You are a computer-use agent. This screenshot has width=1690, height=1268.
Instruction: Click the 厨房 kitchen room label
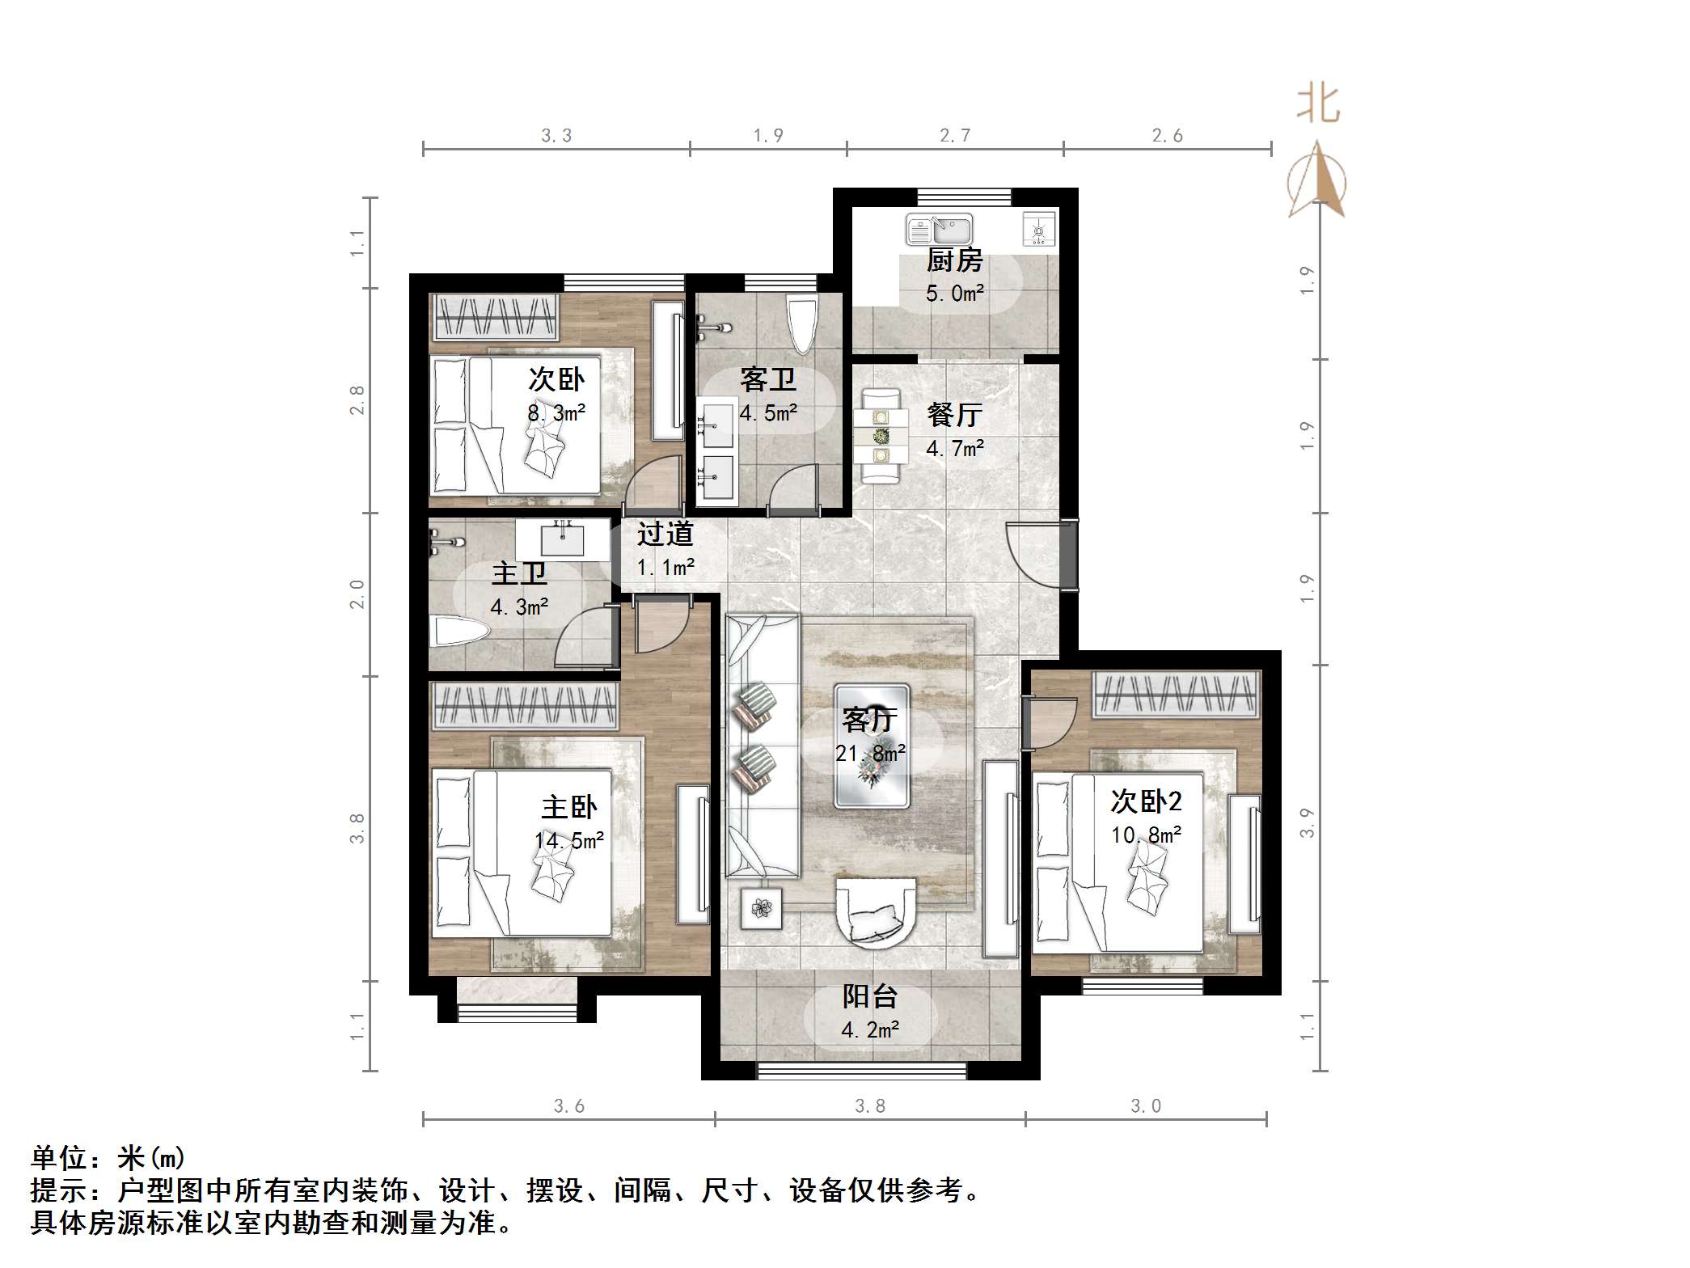(954, 260)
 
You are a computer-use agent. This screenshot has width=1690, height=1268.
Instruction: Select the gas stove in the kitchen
(1039, 229)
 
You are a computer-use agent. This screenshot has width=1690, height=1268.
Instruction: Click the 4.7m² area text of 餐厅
(954, 448)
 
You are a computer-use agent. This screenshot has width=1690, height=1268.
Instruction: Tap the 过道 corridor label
(665, 534)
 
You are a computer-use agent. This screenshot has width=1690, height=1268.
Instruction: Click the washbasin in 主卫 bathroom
(562, 539)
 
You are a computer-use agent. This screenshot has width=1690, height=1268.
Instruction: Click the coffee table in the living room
(872, 746)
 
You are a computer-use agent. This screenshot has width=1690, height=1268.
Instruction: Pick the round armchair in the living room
(877, 912)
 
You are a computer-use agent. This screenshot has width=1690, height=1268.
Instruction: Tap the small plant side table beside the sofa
(761, 908)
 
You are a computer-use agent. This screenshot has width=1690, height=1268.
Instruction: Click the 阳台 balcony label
(870, 996)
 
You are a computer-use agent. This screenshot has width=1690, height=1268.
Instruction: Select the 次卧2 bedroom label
(1146, 801)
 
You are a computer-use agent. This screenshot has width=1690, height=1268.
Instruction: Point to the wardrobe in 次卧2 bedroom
(1177, 695)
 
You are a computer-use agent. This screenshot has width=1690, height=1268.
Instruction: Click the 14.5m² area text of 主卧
(569, 841)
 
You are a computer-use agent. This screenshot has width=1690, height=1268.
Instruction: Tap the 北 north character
(1318, 104)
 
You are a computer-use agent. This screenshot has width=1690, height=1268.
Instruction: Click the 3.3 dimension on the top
(556, 136)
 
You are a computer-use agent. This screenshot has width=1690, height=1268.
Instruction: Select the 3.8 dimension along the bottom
(870, 1105)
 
